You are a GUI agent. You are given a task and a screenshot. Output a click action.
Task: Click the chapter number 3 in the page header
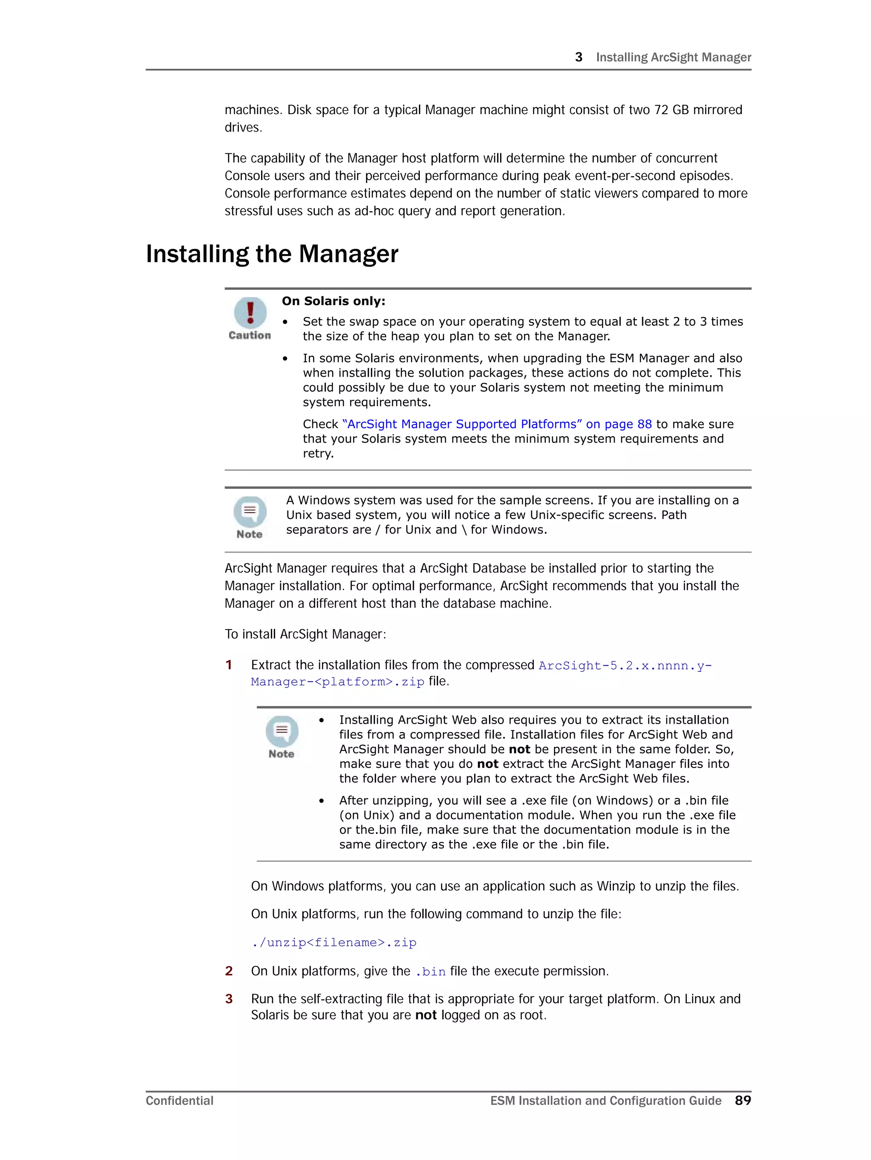click(x=578, y=57)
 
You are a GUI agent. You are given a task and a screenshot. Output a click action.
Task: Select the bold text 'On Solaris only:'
click(x=333, y=301)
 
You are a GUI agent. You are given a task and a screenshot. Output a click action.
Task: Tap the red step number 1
click(x=228, y=665)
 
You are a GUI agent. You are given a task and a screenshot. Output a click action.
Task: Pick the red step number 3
click(x=228, y=999)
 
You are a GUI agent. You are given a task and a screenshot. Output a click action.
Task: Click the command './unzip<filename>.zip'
click(x=334, y=942)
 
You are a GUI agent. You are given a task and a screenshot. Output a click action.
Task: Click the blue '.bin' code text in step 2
click(x=430, y=972)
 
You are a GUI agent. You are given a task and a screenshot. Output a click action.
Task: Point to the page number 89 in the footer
click(x=743, y=1100)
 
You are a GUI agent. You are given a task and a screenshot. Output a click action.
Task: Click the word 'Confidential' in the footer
click(x=179, y=1101)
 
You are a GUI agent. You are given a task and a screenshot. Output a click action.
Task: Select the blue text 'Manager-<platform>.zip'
click(x=338, y=682)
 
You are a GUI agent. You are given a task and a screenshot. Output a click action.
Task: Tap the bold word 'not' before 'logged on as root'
click(x=426, y=1015)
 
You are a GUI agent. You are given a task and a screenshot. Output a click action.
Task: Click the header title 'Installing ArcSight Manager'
click(x=673, y=57)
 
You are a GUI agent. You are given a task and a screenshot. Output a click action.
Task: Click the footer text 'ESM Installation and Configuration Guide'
click(x=606, y=1101)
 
